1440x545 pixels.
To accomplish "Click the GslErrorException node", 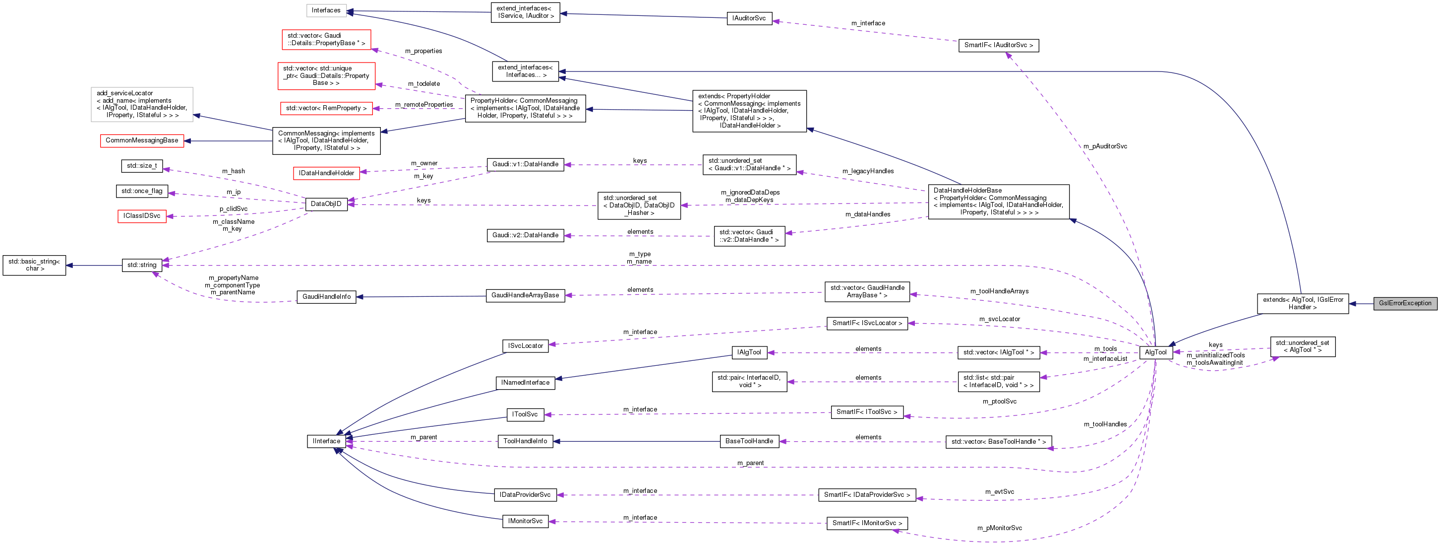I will pos(1404,303).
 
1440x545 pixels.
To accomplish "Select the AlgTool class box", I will pos(1155,352).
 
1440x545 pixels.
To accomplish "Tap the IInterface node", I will pos(326,441).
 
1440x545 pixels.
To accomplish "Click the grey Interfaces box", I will pos(326,10).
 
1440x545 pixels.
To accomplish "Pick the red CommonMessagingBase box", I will pos(141,140).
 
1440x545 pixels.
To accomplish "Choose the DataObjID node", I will pos(326,204).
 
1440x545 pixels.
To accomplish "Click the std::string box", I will pos(141,265).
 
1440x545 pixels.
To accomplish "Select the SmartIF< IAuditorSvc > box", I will pos(998,45).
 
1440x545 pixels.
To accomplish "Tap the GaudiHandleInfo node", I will pos(326,296).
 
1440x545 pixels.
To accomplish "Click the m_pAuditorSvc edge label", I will pos(1105,146).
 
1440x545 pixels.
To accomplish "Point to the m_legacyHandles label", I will pos(868,171).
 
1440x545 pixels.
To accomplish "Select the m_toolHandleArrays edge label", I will pos(999,291).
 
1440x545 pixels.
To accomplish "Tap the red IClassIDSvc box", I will pos(141,216).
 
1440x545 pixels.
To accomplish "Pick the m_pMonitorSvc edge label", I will pos(999,528).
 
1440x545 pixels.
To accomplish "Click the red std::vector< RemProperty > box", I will pos(326,109).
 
